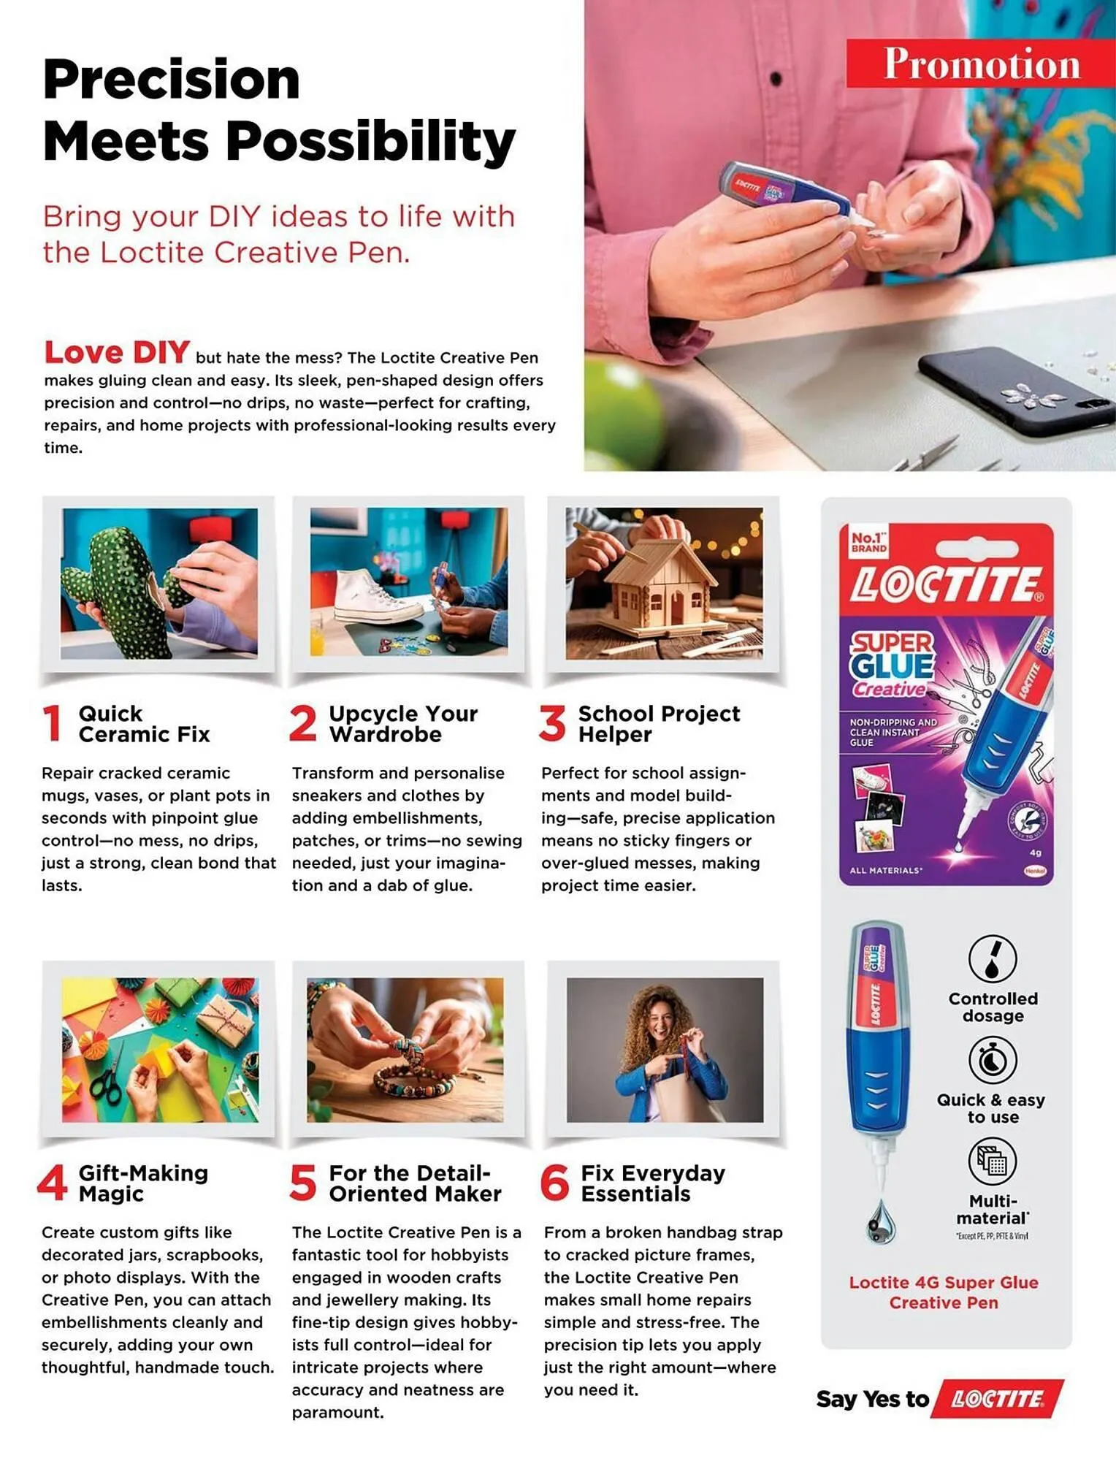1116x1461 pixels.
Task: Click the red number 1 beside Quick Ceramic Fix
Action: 52,723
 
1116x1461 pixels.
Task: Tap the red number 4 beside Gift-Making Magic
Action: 52,1183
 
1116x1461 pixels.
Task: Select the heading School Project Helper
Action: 658,723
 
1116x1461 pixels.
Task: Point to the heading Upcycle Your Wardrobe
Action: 403,723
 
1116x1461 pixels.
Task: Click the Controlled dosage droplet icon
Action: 992,958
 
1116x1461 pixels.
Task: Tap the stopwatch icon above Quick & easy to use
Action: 992,1060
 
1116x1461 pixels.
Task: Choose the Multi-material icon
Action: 992,1161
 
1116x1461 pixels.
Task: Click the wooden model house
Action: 662,584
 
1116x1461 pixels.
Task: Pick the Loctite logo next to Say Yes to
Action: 998,1399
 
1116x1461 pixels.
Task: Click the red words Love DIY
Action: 117,353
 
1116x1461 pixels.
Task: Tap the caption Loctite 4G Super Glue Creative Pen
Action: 943,1292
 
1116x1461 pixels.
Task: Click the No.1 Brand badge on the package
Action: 868,541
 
